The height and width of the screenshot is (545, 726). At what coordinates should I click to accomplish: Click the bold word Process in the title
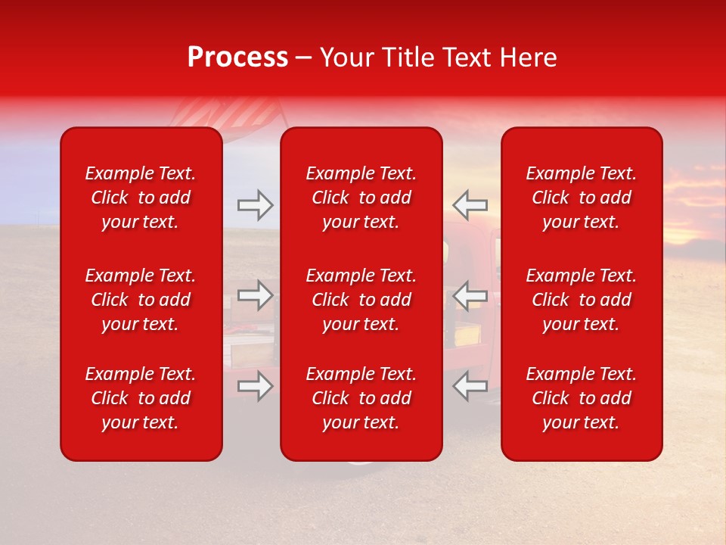point(237,58)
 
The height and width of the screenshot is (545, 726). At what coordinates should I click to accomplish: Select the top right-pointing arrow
point(256,204)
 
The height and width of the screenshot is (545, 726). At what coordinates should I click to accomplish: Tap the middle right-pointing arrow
point(256,295)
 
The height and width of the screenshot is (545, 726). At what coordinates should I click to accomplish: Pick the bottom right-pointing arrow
point(256,386)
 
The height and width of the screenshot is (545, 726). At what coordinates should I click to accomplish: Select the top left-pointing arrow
point(470,204)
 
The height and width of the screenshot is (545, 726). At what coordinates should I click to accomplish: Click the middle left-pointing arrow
point(470,295)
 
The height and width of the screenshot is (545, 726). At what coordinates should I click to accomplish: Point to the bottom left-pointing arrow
point(470,386)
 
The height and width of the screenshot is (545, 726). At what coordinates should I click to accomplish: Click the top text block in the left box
point(141,198)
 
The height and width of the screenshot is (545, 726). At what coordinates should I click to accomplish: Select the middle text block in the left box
point(141,300)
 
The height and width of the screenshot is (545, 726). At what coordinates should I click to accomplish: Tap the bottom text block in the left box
point(141,398)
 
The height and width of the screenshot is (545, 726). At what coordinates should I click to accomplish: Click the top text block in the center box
point(361,198)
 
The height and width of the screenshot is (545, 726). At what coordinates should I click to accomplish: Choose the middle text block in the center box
point(361,300)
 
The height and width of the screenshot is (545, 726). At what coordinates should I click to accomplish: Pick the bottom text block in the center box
point(361,398)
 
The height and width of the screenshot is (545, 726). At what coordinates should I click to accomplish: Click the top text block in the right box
point(582,198)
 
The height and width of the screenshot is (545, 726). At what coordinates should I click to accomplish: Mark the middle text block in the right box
point(582,300)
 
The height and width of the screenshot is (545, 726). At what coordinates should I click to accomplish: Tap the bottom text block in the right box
point(582,398)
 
